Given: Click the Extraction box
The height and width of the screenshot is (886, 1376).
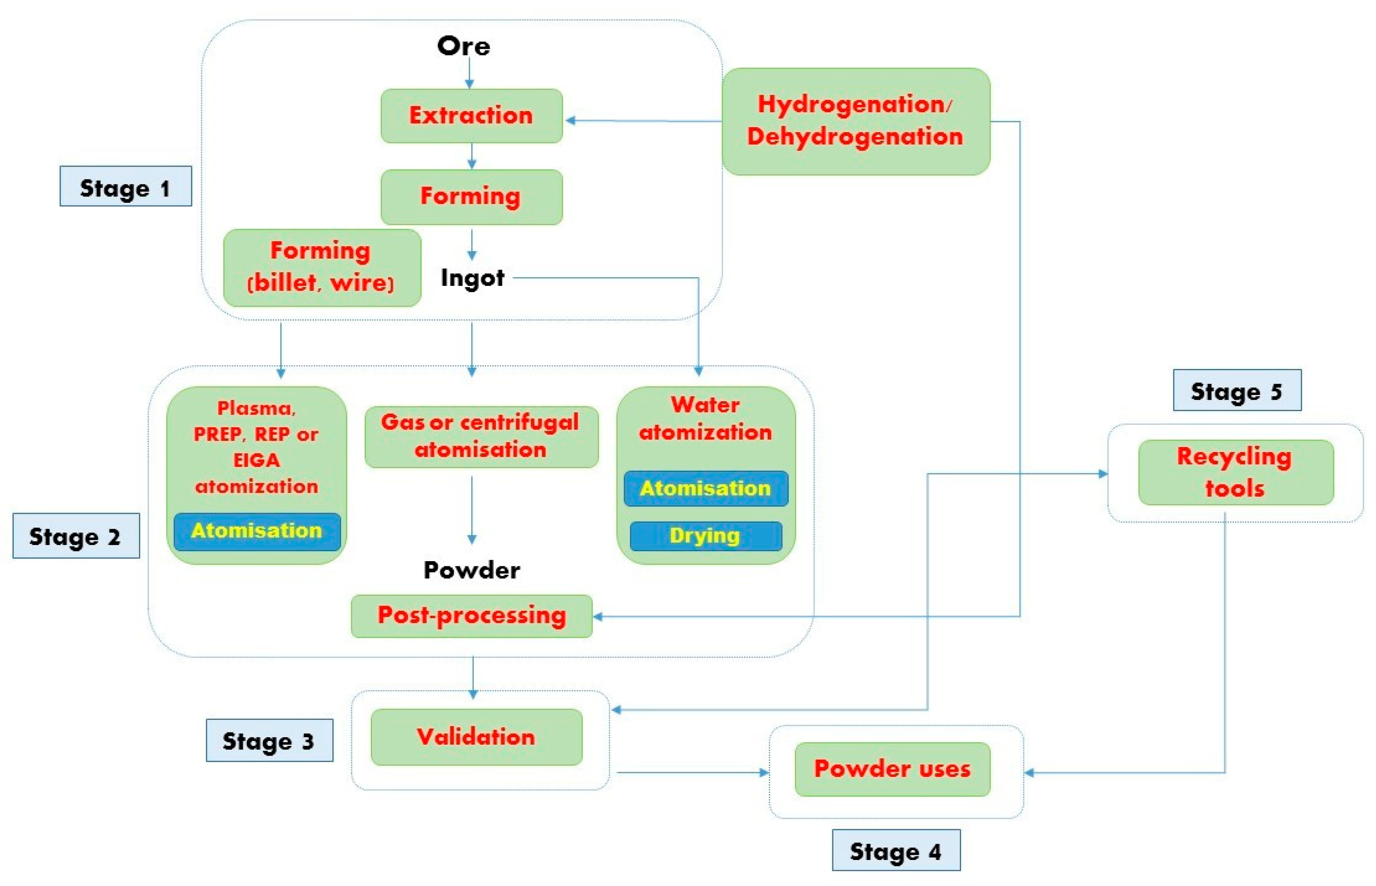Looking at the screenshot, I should [x=471, y=116].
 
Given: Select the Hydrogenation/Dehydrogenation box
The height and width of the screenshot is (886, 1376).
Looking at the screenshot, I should [x=856, y=121].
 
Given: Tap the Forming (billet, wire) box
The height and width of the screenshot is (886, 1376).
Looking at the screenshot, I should [x=322, y=267].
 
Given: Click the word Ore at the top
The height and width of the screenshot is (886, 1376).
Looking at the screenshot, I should [x=464, y=46].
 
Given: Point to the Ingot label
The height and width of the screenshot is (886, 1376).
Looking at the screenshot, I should [x=472, y=278].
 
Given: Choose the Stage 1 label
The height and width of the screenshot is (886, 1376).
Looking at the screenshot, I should [x=126, y=186].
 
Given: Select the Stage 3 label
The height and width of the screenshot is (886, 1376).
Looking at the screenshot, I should [x=269, y=740].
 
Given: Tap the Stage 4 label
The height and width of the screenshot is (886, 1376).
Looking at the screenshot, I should [x=896, y=850].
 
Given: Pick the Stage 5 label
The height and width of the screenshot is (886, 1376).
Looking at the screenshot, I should [x=1237, y=391].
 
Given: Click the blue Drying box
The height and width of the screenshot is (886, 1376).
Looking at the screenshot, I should [x=705, y=536].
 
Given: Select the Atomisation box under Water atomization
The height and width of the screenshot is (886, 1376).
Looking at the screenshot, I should [x=705, y=488].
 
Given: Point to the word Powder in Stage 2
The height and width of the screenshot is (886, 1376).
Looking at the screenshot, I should [x=472, y=569].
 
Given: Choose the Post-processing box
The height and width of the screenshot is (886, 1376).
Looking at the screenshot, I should [x=472, y=615].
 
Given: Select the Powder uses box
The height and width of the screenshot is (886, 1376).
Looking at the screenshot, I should [x=892, y=769].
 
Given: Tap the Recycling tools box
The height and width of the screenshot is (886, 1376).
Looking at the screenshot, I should [x=1235, y=473].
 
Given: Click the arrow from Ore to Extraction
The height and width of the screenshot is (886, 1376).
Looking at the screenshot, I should [x=469, y=74].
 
